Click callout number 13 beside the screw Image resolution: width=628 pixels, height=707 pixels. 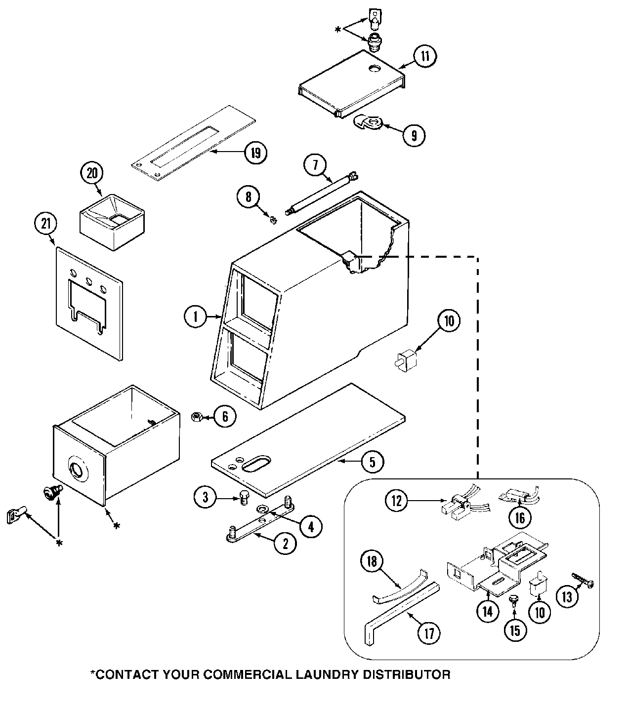coord(567,597)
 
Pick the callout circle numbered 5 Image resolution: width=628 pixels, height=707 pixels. coord(372,462)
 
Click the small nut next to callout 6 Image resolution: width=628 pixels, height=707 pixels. coord(196,418)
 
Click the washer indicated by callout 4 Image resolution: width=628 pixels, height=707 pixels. coord(261,509)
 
